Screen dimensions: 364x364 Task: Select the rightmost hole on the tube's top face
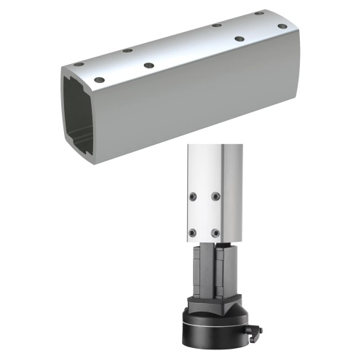[282, 26]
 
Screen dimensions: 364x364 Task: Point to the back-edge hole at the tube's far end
[258, 13]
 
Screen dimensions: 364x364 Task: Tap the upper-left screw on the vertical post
[192, 197]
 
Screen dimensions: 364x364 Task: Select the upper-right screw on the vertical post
[215, 196]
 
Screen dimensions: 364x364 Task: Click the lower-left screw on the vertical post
[192, 232]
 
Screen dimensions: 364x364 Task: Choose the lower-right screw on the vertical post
[216, 232]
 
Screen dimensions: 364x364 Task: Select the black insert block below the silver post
[207, 269]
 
